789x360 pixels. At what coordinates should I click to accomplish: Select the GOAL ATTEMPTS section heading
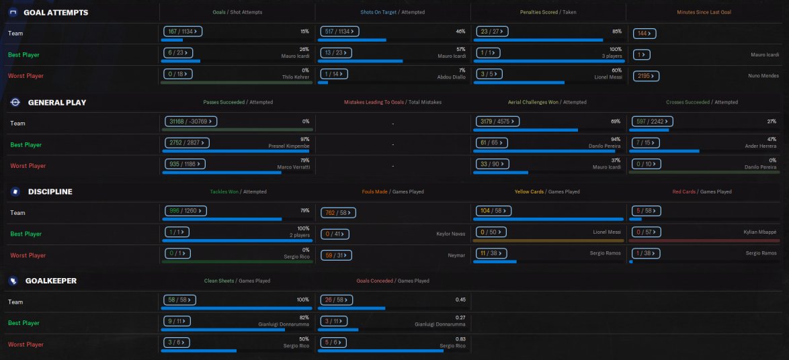tap(56, 13)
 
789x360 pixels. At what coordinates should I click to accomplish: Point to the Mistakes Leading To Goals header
tap(374, 102)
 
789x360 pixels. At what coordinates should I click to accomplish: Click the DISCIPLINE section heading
tap(50, 191)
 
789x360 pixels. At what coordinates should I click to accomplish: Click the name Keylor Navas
tap(450, 234)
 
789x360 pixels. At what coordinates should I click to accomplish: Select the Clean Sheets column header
tap(219, 281)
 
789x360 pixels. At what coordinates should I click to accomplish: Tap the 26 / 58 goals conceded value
tap(337, 300)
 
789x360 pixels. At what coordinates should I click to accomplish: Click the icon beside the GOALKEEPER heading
tap(13, 281)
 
